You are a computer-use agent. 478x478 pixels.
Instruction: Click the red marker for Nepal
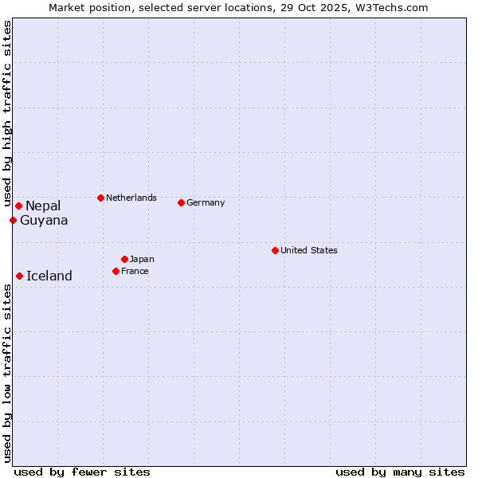point(18,206)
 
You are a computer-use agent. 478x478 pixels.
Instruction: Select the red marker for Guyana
point(13,221)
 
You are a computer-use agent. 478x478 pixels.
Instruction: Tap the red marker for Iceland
point(19,276)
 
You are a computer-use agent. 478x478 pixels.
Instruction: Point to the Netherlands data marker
point(100,198)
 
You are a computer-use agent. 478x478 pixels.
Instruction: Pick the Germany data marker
point(181,203)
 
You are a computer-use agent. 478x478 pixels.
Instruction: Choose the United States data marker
point(275,251)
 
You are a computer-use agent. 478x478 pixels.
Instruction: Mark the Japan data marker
point(124,260)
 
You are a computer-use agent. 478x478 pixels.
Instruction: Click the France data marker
point(116,272)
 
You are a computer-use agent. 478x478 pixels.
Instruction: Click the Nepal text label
point(43,206)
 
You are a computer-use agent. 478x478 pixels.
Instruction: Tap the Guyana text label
point(44,221)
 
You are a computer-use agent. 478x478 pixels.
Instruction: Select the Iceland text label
point(49,276)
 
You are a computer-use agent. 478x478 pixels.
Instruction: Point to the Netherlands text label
point(131,198)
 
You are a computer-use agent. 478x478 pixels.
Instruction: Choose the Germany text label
point(206,203)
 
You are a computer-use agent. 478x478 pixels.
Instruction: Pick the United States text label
point(309,251)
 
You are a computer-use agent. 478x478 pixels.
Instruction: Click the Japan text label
point(142,260)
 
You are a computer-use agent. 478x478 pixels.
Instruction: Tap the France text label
point(135,272)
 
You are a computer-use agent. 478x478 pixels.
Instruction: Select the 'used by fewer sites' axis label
point(82,472)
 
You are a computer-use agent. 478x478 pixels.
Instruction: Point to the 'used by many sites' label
point(400,472)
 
